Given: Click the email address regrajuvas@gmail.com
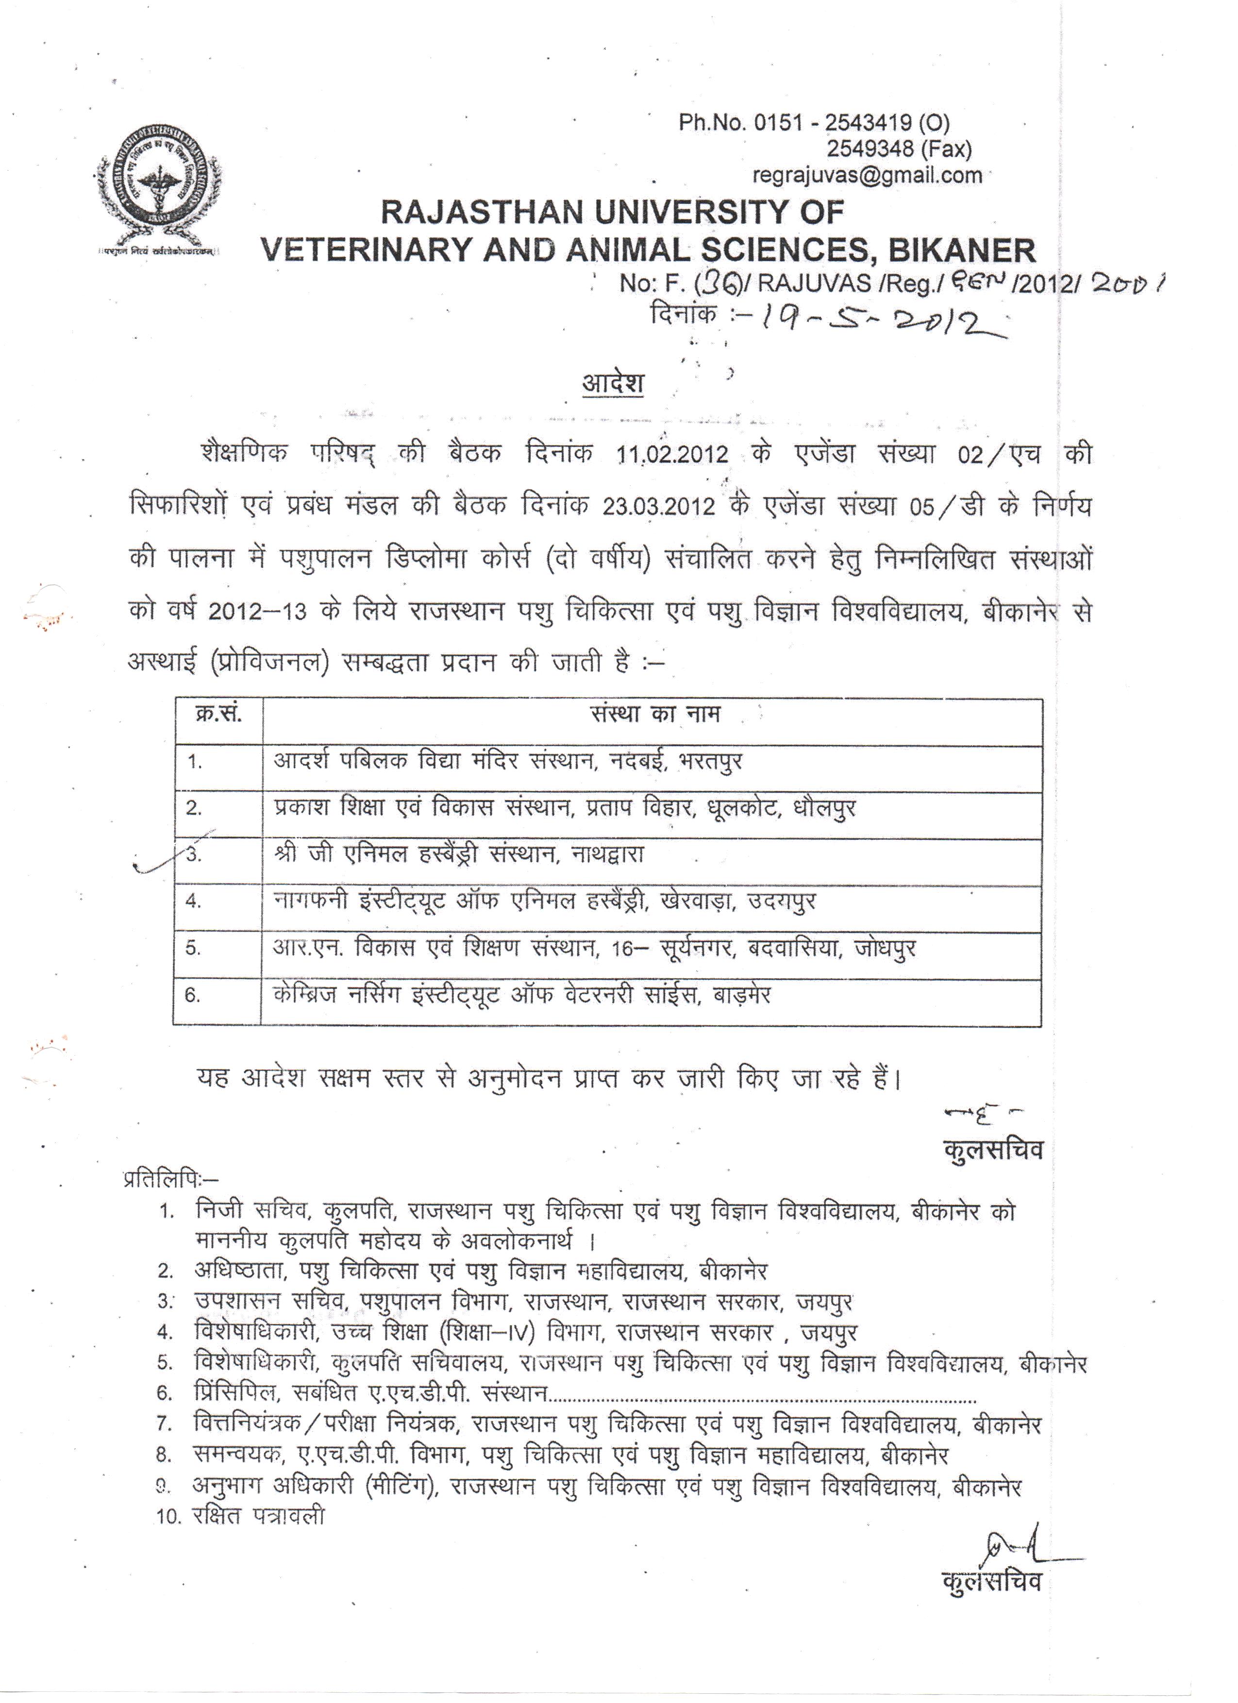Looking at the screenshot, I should pyautogui.click(x=867, y=175).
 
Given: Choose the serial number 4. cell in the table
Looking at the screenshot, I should pyautogui.click(x=194, y=901).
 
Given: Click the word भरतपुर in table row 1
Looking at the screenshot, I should pyautogui.click(x=710, y=761).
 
